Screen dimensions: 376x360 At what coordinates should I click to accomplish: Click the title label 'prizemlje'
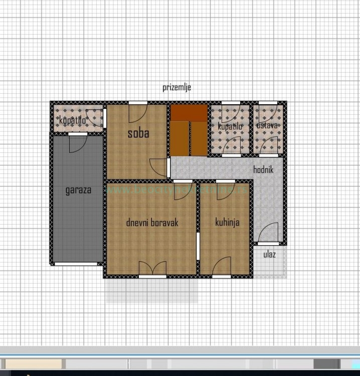point(176,87)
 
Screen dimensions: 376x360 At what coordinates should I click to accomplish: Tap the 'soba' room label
point(138,133)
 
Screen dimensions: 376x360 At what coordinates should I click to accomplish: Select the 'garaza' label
point(78,190)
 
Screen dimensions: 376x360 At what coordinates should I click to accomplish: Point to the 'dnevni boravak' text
point(152,222)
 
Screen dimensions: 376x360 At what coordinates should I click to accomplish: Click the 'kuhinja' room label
point(227,222)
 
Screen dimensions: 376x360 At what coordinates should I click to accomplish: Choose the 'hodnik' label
point(263,170)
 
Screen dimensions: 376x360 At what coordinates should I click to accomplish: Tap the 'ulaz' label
point(269,255)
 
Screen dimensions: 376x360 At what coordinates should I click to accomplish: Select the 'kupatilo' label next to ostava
point(230,126)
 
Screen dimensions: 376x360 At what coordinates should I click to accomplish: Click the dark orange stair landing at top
point(189,113)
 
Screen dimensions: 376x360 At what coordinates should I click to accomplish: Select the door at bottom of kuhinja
point(222,269)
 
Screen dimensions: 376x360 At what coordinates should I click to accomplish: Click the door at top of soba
point(137,111)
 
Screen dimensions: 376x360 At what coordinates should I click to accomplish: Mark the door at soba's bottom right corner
point(159,167)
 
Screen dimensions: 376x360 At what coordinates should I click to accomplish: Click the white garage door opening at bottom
point(76,263)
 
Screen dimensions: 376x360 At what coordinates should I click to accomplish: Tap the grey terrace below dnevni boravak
point(152,290)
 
